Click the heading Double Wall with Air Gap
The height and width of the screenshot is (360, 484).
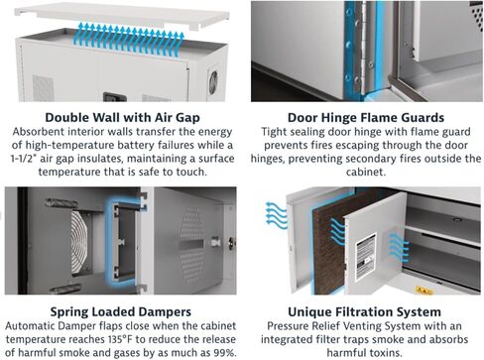coord(122,118)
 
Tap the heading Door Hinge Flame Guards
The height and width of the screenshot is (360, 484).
coord(366,118)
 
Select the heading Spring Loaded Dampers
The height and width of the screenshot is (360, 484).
coord(121,312)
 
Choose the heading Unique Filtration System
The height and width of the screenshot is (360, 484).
coord(364,312)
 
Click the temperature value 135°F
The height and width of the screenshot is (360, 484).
coord(120,339)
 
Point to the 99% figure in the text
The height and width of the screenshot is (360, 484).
coord(224,353)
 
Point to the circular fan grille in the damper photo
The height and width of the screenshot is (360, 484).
coord(80,244)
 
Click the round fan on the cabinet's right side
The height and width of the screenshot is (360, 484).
coord(213,82)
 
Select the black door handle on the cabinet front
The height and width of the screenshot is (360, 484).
coord(115,97)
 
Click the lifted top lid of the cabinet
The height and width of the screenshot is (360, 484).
coord(122,16)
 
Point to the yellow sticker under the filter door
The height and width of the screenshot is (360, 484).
coord(424,291)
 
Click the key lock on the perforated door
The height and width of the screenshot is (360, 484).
coord(232,244)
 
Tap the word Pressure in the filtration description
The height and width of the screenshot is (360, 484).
coord(287,326)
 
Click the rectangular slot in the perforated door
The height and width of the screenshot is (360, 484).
coord(191,245)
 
